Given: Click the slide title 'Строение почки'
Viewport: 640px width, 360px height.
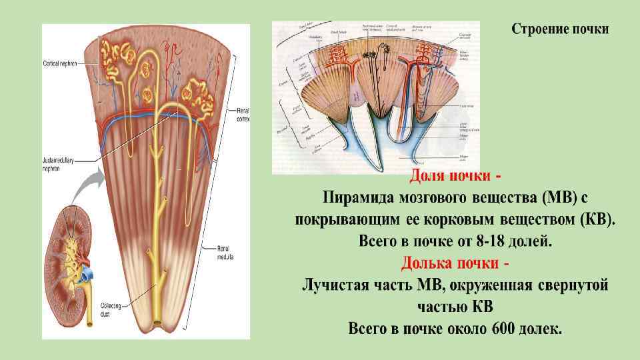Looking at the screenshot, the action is pos(560,30).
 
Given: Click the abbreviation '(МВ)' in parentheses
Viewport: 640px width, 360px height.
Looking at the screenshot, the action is pos(557,198).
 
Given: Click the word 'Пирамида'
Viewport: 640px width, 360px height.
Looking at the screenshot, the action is pos(359,198).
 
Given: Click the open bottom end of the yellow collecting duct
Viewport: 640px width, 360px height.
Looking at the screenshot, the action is pos(157,324).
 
